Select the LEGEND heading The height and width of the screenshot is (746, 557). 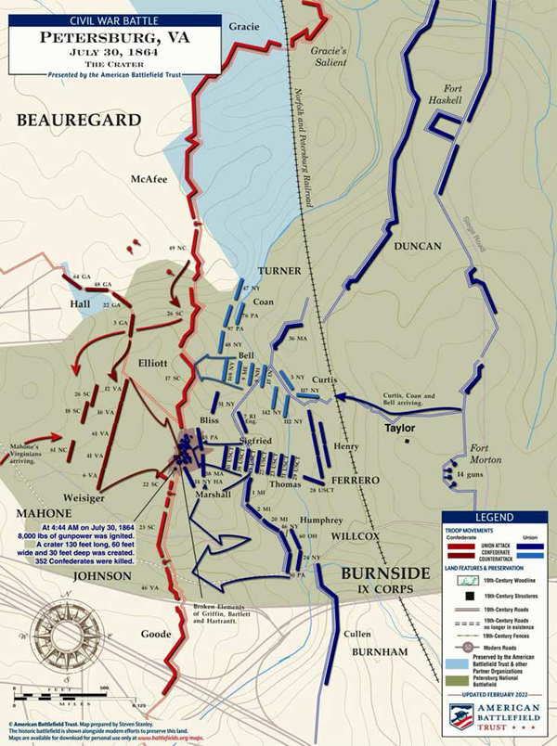(x=495, y=518)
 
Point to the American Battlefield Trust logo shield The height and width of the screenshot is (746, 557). (x=462, y=715)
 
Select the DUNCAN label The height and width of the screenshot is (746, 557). (x=411, y=247)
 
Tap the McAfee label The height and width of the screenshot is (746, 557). (x=123, y=180)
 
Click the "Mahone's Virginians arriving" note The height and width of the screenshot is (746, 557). (x=29, y=448)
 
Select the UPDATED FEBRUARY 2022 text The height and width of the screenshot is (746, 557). (x=495, y=694)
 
